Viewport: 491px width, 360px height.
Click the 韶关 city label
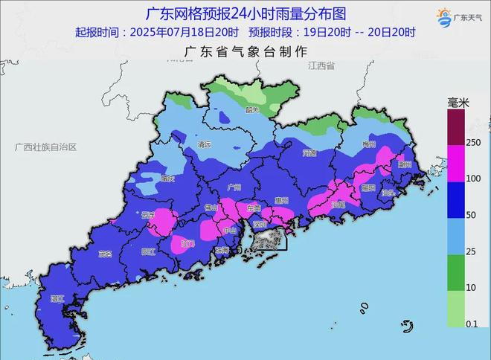pos(251,109)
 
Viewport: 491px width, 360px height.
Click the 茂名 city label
pos(105,254)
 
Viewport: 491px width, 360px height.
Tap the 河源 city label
pos(310,153)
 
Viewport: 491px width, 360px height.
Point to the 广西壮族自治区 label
pos(45,147)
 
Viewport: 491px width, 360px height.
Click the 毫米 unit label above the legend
pos(458,101)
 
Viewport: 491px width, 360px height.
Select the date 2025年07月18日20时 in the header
pos(184,32)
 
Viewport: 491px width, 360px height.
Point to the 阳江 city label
pos(148,252)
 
